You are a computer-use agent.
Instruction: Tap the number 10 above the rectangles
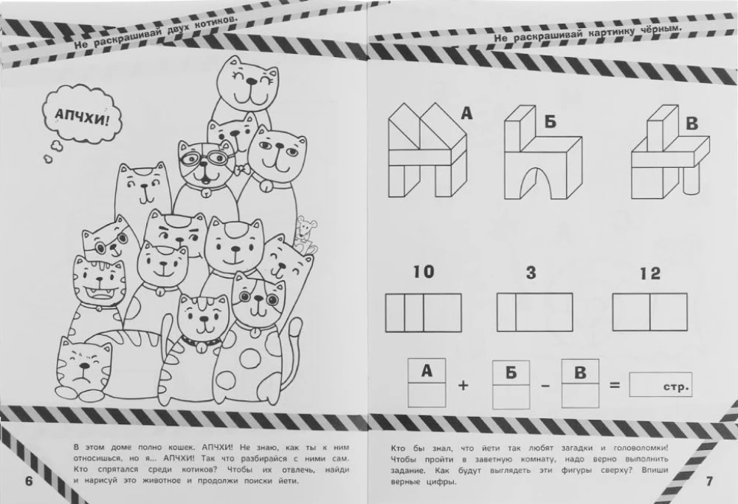click(423, 272)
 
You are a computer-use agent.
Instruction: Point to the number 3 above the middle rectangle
click(531, 273)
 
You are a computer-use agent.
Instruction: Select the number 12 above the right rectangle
click(650, 273)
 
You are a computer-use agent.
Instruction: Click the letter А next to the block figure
click(466, 113)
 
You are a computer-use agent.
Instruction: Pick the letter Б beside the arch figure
click(551, 122)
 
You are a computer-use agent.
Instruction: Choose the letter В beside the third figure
click(692, 123)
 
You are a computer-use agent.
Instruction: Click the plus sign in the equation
click(463, 385)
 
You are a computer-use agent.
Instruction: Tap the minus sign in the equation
click(545, 386)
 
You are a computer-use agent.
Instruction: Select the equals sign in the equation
click(615, 385)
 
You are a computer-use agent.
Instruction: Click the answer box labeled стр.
click(661, 385)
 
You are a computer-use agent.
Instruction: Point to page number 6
click(29, 481)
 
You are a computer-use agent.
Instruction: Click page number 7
click(709, 481)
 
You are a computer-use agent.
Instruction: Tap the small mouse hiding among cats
click(305, 234)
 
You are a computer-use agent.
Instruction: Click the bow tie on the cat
click(242, 168)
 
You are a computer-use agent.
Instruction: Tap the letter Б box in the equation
click(511, 384)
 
